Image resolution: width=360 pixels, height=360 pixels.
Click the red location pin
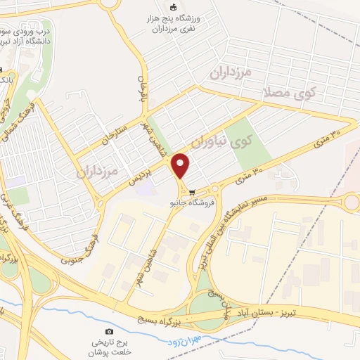point(181,166)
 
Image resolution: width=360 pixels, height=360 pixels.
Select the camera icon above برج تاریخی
point(108,331)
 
